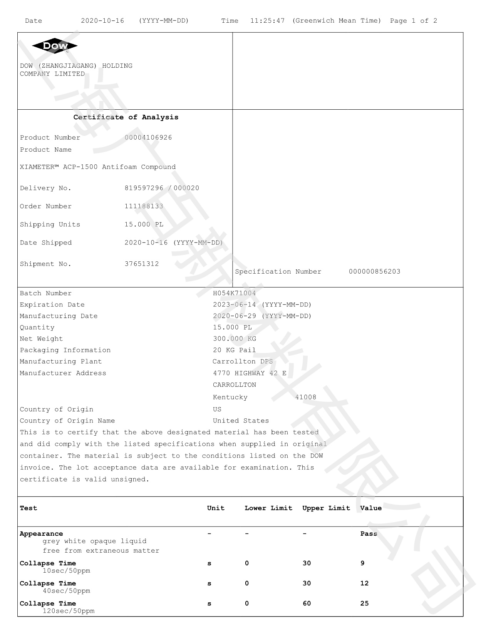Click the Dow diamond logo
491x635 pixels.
pos(55,46)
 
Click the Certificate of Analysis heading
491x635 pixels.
pos(126,117)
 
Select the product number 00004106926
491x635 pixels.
pos(148,137)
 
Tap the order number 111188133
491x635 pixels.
pos(144,206)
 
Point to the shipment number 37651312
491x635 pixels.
pos(142,264)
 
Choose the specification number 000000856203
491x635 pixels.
pos(374,272)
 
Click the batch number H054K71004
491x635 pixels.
pos(234,293)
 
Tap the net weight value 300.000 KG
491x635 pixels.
pos(235,339)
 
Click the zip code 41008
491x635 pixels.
pos(306,397)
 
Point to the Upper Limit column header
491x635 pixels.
pos(326,508)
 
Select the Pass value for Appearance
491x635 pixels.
pos(369,534)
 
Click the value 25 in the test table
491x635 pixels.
pos(364,603)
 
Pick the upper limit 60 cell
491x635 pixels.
pos(307,603)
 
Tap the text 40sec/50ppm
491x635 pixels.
pos(66,591)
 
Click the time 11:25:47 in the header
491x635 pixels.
pos(267,21)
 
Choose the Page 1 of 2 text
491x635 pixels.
pos(413,21)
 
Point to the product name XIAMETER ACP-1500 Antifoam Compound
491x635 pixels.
pos(98,167)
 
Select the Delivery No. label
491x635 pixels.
pos(45,188)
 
